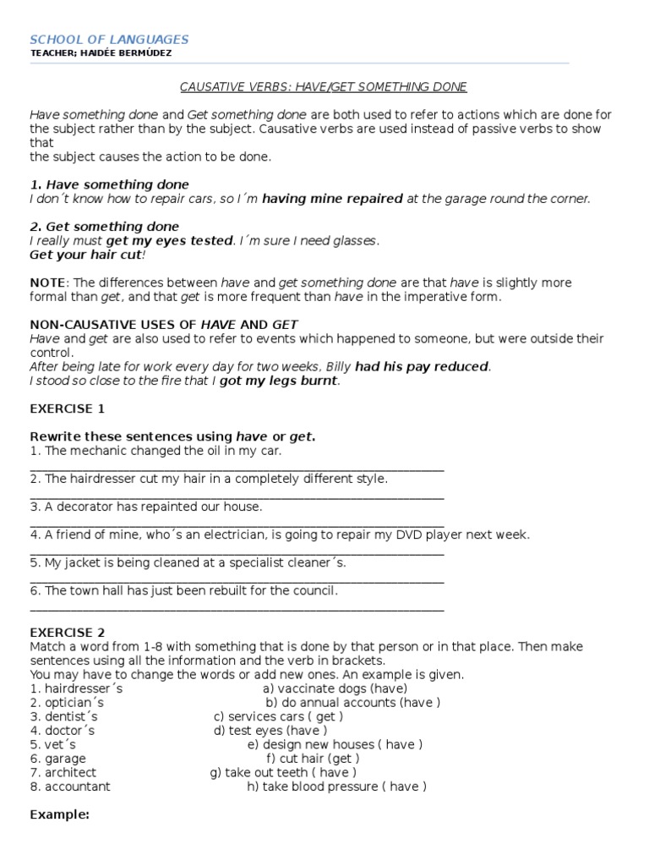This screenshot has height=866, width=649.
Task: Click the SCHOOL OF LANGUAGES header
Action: click(x=110, y=39)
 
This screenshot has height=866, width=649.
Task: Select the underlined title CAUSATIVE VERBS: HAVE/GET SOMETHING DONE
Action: click(x=324, y=87)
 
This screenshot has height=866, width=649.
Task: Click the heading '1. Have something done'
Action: click(x=110, y=184)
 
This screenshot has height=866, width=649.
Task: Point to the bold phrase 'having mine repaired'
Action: click(x=332, y=199)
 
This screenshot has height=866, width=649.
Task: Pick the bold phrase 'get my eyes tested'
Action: click(x=169, y=241)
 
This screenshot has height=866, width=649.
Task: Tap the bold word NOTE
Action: click(x=46, y=282)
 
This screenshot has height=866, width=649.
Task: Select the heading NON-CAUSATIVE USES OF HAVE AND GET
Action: click(x=164, y=325)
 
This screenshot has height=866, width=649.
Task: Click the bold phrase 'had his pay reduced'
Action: click(x=422, y=367)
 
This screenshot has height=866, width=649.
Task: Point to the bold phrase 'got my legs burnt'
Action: click(x=280, y=381)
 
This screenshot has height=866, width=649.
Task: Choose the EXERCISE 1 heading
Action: click(x=68, y=408)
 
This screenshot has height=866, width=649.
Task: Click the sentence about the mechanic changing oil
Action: click(x=155, y=451)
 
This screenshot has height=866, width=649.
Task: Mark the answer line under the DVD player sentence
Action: click(x=237, y=552)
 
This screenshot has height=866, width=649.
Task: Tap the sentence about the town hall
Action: click(x=183, y=590)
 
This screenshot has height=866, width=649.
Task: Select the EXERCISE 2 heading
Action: click(x=68, y=632)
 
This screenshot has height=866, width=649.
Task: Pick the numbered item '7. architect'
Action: click(x=63, y=772)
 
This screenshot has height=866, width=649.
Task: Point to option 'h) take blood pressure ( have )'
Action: click(x=336, y=787)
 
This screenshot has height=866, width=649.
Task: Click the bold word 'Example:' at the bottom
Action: click(x=59, y=814)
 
